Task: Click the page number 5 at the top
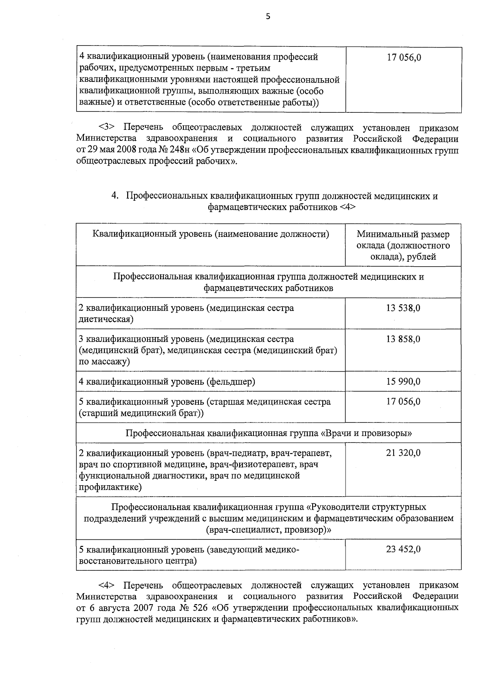click(x=268, y=17)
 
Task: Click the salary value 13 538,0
click(x=403, y=308)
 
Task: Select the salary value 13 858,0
click(x=403, y=339)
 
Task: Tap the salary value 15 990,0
click(x=403, y=381)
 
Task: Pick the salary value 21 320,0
click(x=403, y=453)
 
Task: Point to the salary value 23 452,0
click(x=403, y=549)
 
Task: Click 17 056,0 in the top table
click(x=404, y=57)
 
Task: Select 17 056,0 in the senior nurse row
click(x=403, y=402)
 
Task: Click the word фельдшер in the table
click(x=231, y=382)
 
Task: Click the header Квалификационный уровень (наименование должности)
click(x=211, y=234)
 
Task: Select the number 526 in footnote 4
click(x=199, y=608)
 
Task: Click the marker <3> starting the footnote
click(x=106, y=128)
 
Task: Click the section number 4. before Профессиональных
click(x=115, y=196)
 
